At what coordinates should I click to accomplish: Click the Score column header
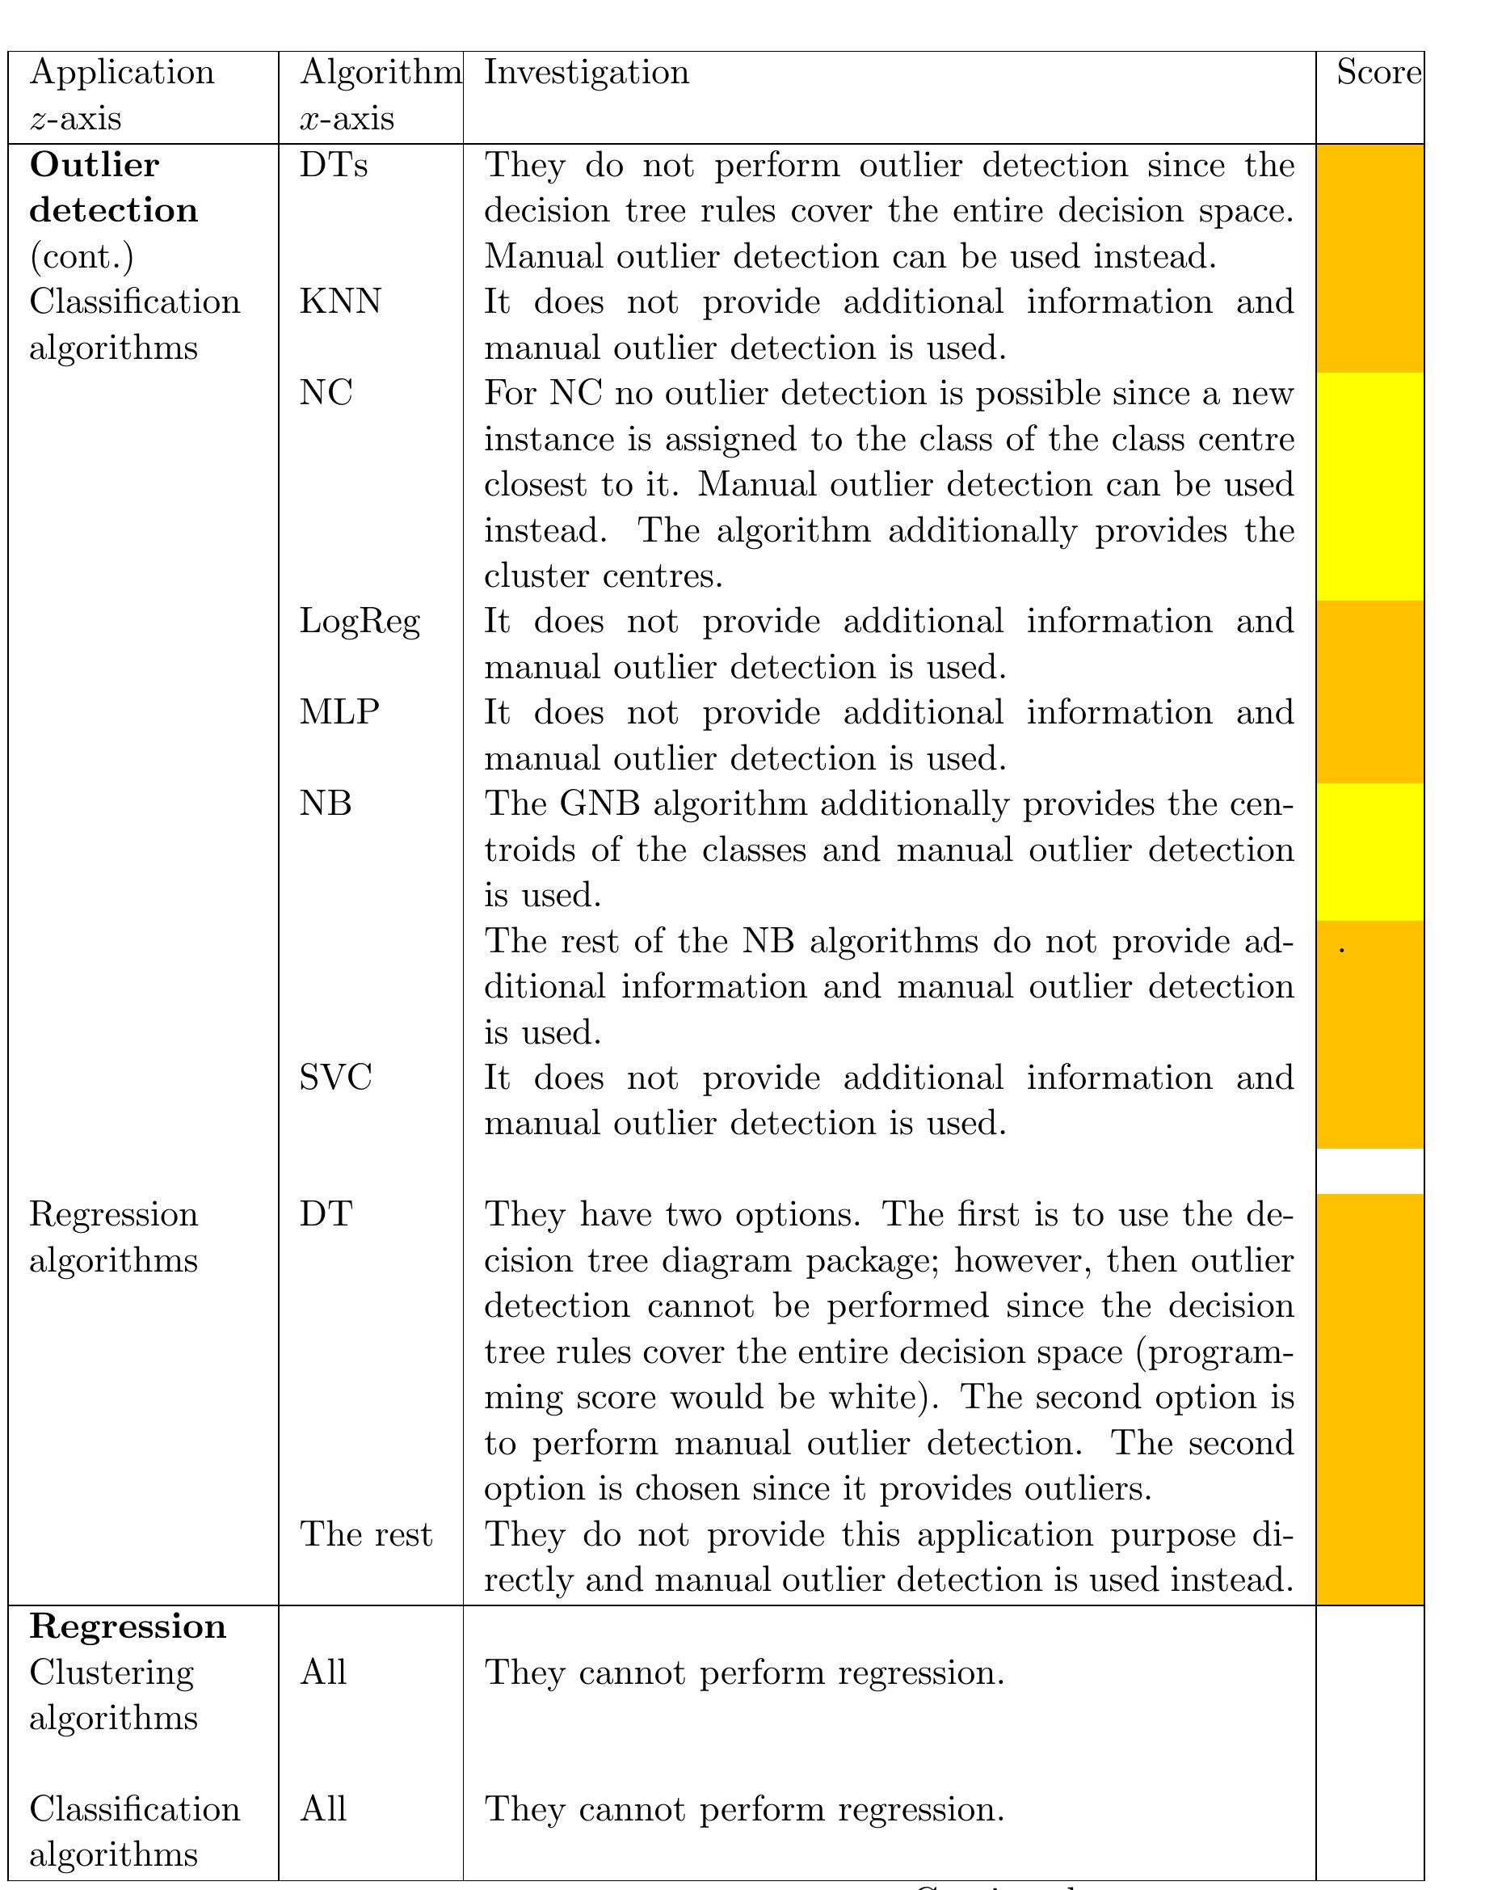[1378, 73]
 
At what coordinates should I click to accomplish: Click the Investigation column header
[587, 73]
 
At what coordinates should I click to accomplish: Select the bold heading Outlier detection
[113, 188]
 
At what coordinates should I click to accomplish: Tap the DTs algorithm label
[333, 165]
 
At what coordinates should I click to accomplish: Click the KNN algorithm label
[340, 302]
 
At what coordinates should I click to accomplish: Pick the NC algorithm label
[326, 393]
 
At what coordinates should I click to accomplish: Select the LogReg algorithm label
[360, 622]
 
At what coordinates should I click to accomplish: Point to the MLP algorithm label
[339, 712]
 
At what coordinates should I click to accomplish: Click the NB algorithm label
[325, 803]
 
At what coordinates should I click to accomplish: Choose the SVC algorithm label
[335, 1078]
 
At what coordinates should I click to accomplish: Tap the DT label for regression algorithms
[326, 1214]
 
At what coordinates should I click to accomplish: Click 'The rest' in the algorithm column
[366, 1534]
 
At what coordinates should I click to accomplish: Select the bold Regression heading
[128, 1626]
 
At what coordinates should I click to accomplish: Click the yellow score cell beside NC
[1369, 487]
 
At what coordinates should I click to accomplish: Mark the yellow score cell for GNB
[1369, 851]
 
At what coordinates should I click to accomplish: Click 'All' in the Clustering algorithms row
[323, 1673]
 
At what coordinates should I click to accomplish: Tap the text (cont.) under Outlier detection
[82, 257]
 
